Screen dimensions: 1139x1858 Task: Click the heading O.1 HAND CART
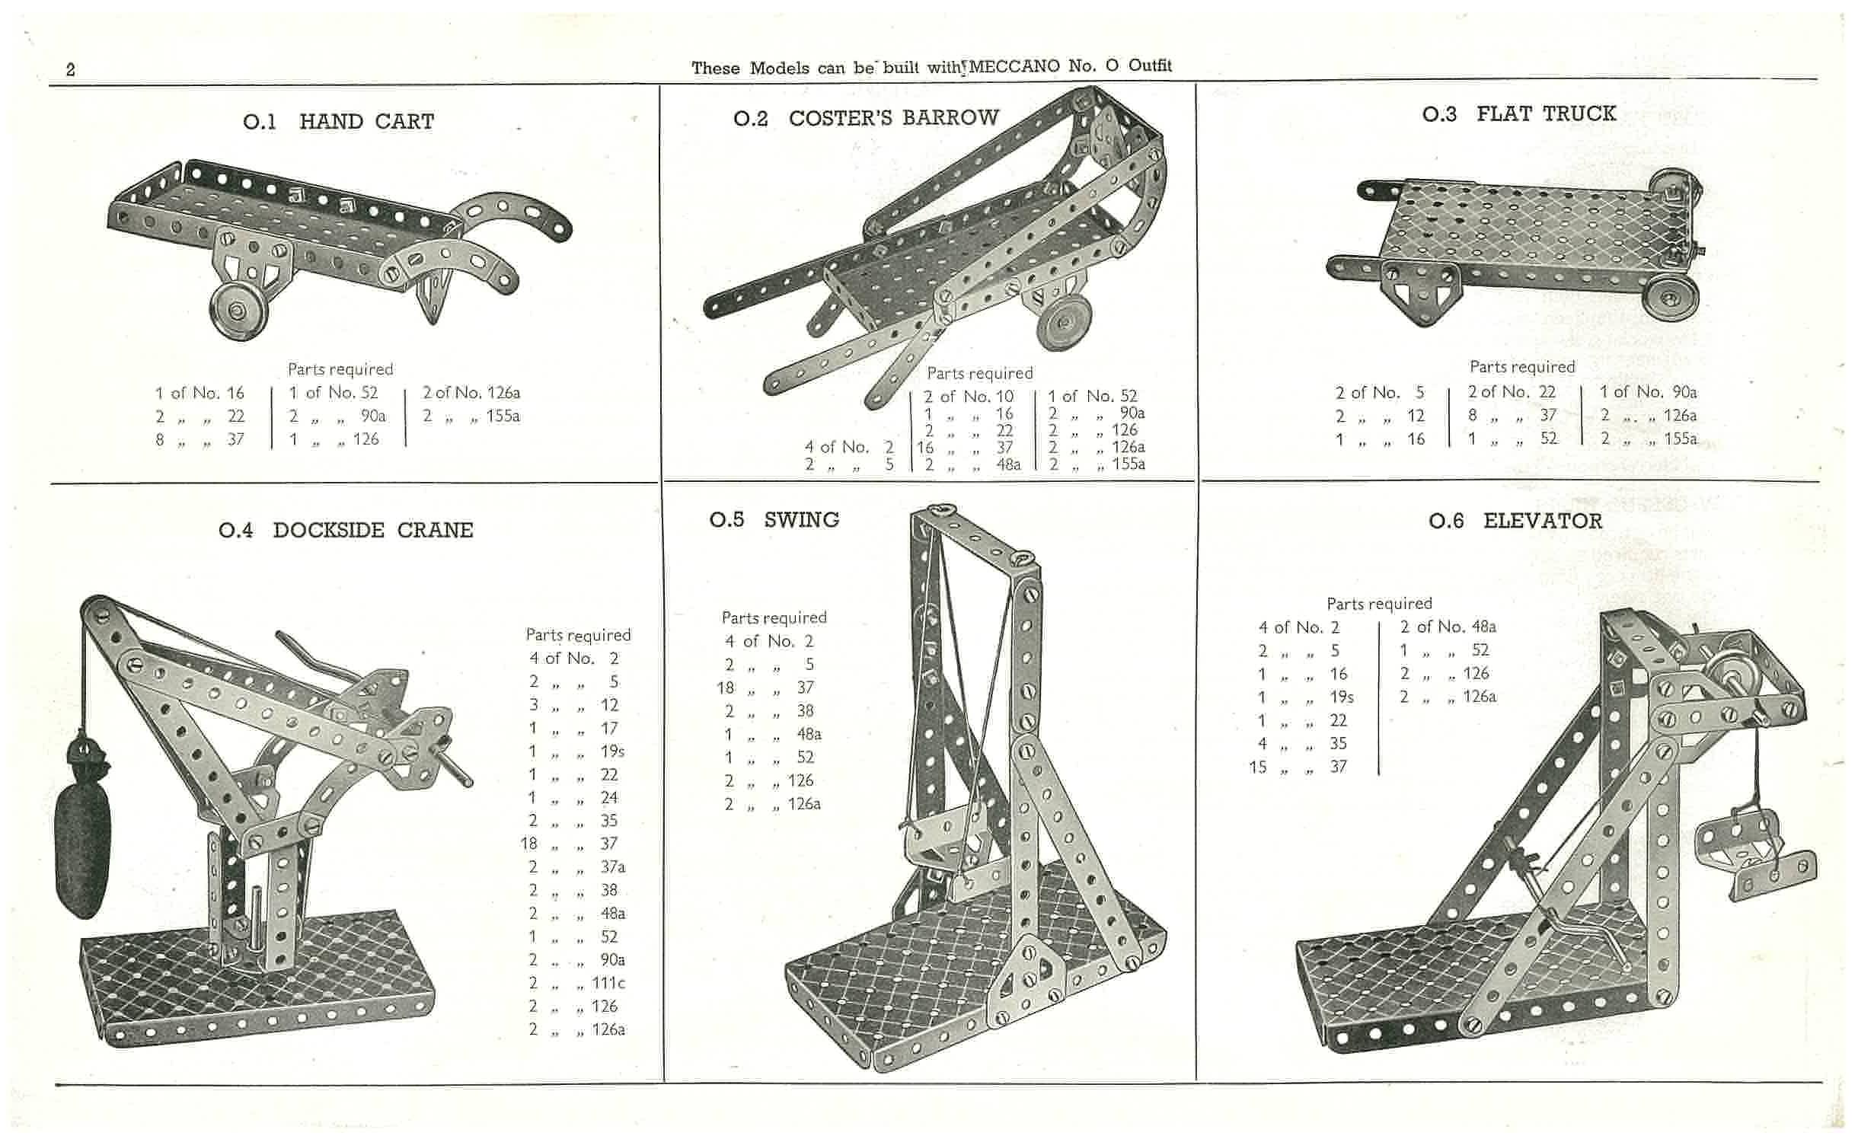338,122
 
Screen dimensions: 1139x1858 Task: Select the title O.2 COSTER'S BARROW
866,118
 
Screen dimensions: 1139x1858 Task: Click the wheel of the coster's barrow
1065,321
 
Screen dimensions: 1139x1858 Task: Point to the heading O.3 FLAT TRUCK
1518,114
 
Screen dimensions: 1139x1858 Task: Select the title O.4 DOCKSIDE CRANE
346,530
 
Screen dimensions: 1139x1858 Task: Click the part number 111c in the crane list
608,983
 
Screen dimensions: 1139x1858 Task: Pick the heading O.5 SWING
774,520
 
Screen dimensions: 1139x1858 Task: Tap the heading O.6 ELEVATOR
1515,522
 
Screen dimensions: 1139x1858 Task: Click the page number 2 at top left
71,70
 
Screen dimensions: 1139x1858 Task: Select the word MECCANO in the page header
1014,66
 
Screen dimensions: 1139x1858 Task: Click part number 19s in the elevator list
1341,697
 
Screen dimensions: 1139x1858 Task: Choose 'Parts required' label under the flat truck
1521,367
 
